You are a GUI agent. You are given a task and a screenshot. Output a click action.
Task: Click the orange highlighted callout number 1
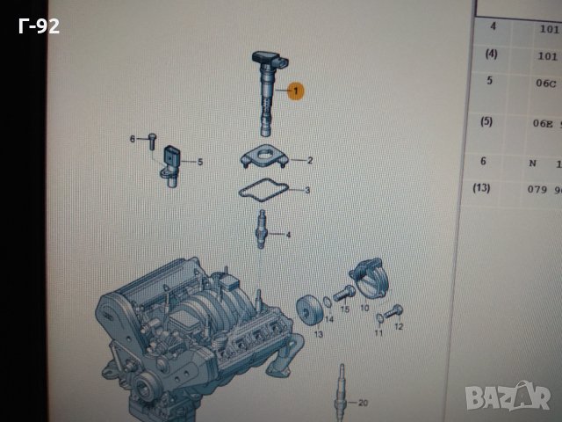tap(295, 91)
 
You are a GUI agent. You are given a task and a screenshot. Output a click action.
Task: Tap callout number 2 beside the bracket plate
tap(309, 161)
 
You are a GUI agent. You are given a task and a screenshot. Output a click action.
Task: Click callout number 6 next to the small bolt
tap(133, 139)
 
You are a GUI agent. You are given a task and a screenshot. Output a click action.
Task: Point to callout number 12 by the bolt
tap(398, 327)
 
